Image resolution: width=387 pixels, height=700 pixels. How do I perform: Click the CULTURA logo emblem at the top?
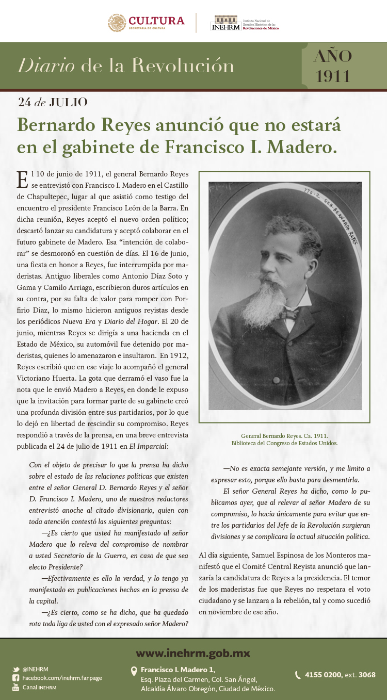117,23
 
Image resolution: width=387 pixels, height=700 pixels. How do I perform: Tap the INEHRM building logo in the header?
226,23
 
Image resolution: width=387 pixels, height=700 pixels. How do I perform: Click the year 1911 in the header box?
333,76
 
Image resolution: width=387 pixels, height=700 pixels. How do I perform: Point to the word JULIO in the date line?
68,102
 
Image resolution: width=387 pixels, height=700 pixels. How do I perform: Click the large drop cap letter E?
22,179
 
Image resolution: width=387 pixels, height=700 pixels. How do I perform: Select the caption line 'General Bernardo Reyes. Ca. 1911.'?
284,435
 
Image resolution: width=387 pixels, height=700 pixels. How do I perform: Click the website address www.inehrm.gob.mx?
193,654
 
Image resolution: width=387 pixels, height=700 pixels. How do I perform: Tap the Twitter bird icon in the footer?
16,669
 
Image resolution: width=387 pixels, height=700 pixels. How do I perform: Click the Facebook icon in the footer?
16,678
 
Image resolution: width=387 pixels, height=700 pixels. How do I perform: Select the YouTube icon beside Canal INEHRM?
16,687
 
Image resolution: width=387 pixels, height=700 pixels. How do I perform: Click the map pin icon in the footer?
134,671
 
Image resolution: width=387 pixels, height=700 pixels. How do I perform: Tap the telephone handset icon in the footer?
298,675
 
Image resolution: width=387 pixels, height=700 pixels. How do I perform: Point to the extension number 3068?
367,675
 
